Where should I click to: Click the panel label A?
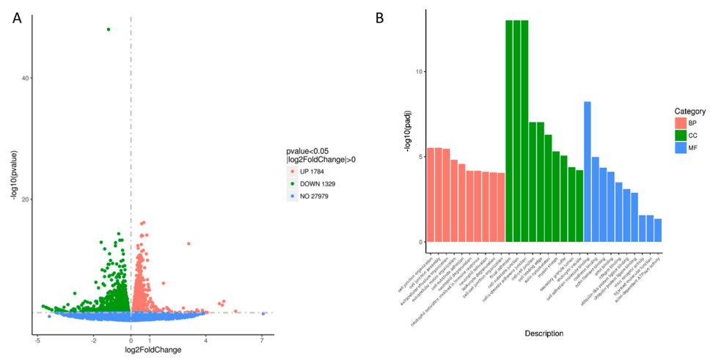point(18,19)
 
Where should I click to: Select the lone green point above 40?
point(109,29)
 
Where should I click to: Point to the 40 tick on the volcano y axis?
point(26,78)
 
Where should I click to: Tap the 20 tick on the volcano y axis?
point(26,199)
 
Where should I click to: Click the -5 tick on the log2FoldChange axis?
point(37,340)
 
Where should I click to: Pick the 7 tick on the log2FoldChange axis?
point(262,340)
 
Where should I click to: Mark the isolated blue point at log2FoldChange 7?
point(263,314)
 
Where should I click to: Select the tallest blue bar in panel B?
point(588,172)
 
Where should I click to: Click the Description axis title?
point(544,334)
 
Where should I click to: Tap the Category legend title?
point(690,111)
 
